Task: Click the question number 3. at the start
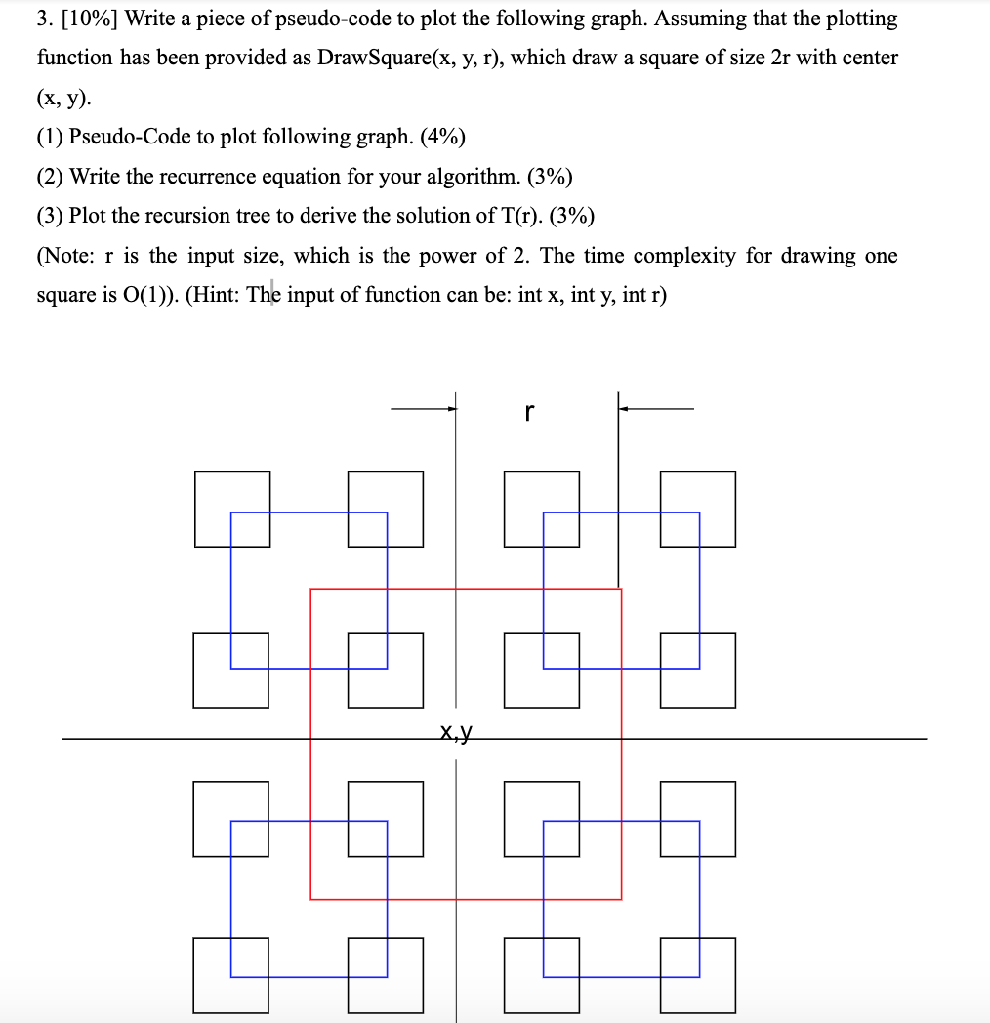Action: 46,19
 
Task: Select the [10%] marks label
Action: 91,19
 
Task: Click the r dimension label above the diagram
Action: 528,413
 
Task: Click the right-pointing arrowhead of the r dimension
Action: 452,409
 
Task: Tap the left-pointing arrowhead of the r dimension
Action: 623,409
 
